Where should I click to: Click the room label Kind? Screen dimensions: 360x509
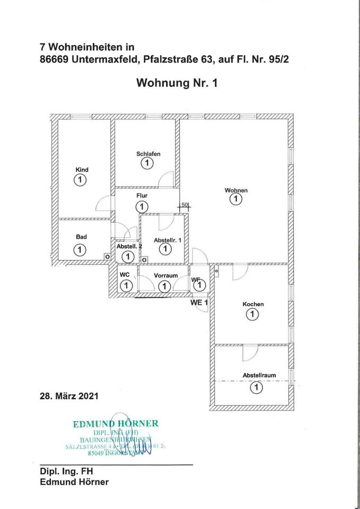(82, 170)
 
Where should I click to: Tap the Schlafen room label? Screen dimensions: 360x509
(148, 154)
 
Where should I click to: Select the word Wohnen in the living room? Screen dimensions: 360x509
(236, 190)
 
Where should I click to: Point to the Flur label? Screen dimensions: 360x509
(142, 196)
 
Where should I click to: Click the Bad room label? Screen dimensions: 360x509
(81, 237)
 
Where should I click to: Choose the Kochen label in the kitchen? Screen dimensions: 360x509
(253, 304)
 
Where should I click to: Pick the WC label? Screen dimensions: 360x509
(125, 275)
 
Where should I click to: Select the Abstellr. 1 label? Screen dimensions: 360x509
(167, 240)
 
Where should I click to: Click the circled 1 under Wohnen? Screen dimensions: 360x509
(235, 199)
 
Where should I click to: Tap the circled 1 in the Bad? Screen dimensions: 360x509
(80, 249)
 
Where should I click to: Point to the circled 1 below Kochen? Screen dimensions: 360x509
(252, 315)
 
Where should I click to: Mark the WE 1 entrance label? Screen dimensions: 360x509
(199, 302)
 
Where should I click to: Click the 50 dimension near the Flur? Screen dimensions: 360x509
(185, 204)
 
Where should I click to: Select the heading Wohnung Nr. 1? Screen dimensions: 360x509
(177, 83)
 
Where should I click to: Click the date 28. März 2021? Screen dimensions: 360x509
(68, 396)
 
